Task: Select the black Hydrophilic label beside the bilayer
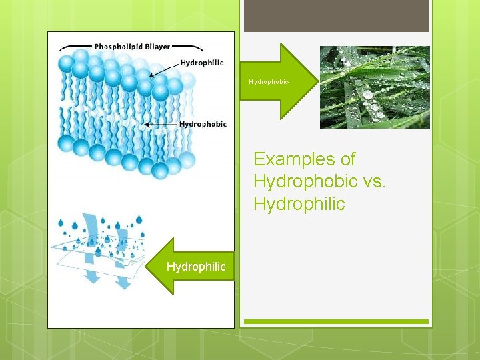[201, 63]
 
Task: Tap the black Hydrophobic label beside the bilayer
[203, 124]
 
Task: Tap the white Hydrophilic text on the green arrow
[196, 267]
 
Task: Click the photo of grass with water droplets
[375, 87]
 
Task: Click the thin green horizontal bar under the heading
[336, 322]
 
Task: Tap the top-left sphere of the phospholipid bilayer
[67, 63]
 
